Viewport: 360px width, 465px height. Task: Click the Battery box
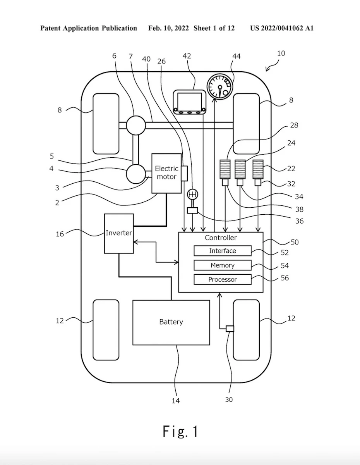click(x=171, y=322)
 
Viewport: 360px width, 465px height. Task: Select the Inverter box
click(x=118, y=233)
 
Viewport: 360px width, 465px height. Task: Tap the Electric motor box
click(x=166, y=173)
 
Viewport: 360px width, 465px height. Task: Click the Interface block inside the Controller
click(x=223, y=251)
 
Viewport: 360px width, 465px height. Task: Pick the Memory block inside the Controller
click(x=223, y=265)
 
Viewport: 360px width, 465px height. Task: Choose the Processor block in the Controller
click(x=223, y=279)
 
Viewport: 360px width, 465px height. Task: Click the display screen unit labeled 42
click(x=189, y=102)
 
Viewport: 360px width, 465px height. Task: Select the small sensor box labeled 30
click(x=230, y=329)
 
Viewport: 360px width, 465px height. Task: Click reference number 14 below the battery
click(x=176, y=401)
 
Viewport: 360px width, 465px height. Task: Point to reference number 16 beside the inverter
click(x=60, y=234)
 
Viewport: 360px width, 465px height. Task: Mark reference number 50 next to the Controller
click(x=295, y=242)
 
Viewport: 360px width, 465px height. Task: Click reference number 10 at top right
click(x=281, y=53)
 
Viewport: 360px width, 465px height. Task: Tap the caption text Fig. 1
click(x=180, y=431)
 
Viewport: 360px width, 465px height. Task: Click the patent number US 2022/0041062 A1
click(x=281, y=28)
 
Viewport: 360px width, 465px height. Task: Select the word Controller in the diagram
click(x=221, y=238)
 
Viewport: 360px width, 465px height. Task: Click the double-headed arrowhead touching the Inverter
click(x=135, y=242)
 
